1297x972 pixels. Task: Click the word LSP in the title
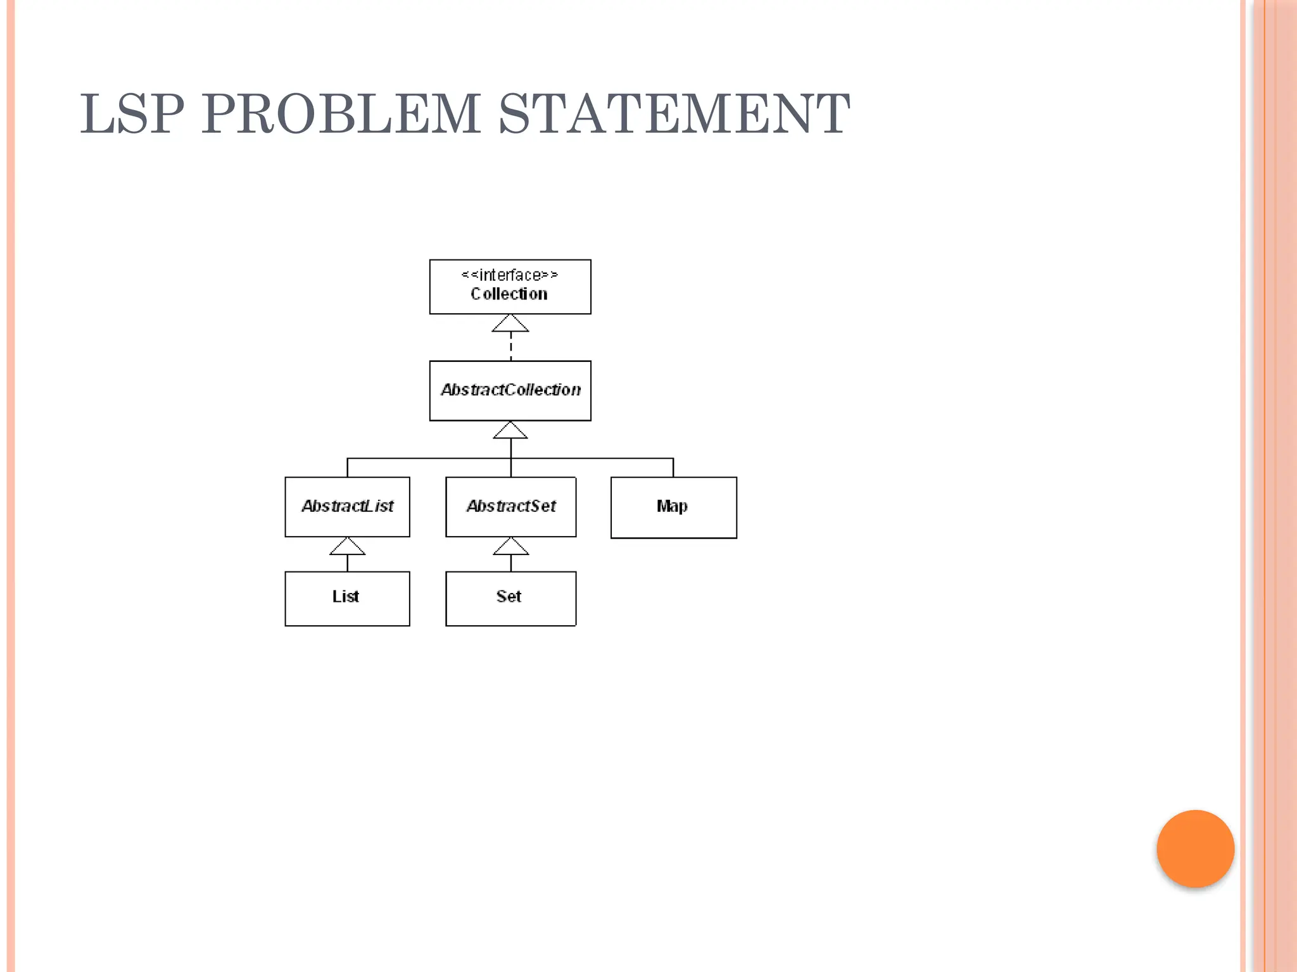coord(132,114)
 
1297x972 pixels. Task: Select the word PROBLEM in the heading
coord(341,114)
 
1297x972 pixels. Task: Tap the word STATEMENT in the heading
coord(674,114)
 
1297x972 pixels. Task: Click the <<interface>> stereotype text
coord(510,275)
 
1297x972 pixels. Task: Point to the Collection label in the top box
coord(509,294)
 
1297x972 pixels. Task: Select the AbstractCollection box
coord(510,390)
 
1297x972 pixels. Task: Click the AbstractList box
coord(347,507)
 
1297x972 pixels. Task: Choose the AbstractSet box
coord(510,507)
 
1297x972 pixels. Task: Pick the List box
coord(347,599)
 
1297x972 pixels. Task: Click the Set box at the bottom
coord(510,599)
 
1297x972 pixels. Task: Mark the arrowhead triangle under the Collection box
coord(510,324)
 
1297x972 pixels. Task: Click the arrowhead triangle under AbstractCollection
coord(510,431)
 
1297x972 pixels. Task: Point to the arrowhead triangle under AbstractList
coord(347,547)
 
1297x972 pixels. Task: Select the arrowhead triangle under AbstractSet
coord(510,547)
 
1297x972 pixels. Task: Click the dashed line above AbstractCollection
coord(510,346)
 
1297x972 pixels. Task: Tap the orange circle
coord(1195,849)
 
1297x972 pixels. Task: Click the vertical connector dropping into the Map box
coord(673,468)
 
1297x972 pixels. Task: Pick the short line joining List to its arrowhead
coord(347,563)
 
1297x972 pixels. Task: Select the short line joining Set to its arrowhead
coord(510,563)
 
